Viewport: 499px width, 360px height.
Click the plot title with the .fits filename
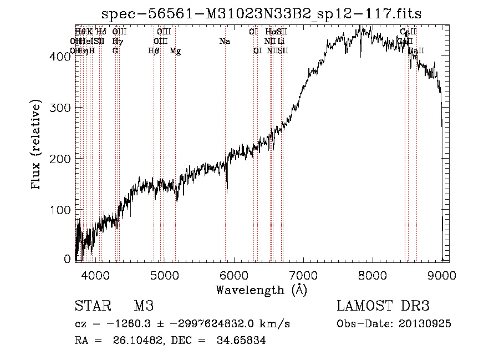[261, 14]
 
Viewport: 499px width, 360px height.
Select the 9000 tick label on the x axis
[441, 275]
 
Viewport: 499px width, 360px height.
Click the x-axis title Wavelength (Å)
[261, 290]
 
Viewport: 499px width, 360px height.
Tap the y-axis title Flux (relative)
[37, 145]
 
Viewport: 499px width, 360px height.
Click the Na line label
[225, 42]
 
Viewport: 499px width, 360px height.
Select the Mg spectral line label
[175, 51]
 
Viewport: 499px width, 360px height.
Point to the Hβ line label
[154, 51]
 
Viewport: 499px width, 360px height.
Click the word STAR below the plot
[92, 306]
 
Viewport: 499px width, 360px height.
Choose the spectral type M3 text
[144, 306]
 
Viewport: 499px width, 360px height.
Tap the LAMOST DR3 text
[383, 306]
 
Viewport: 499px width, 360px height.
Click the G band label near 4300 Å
[115, 51]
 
